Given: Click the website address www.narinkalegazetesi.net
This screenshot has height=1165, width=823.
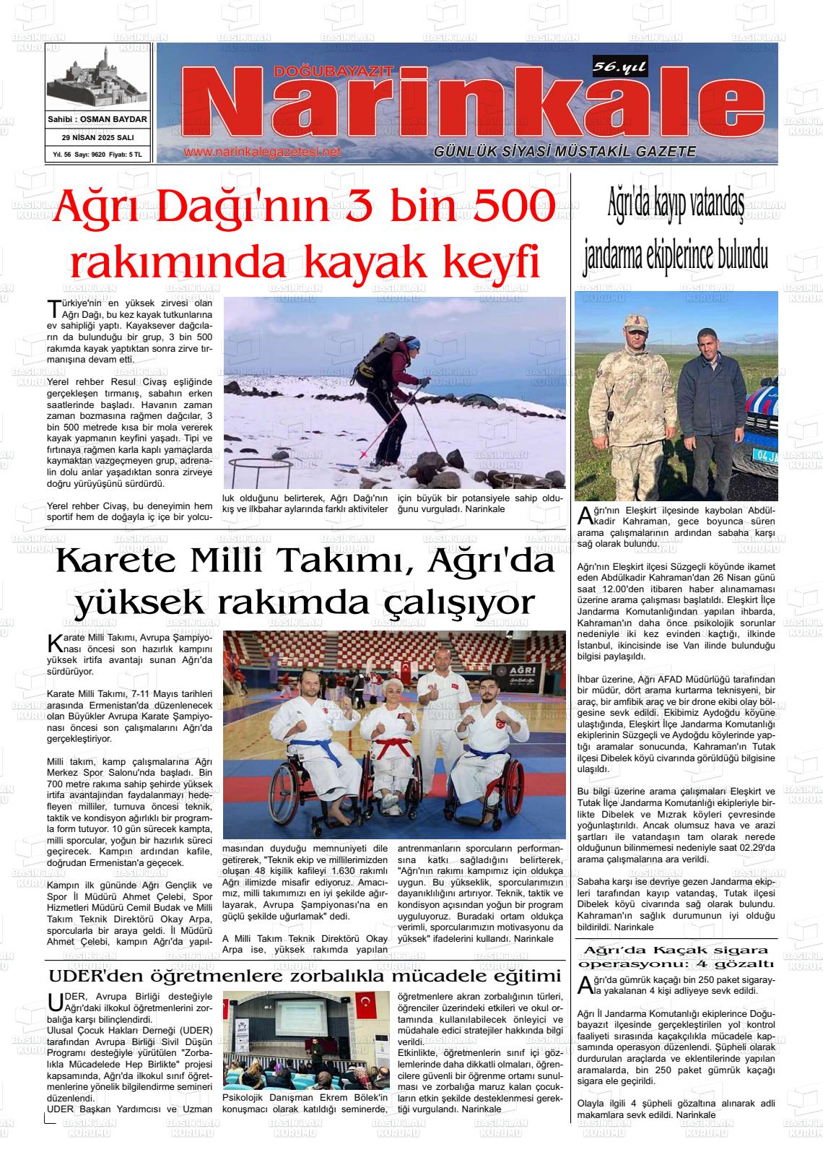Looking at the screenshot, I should click(261, 152).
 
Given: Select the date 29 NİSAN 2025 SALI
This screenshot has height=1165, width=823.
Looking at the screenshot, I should click(97, 137).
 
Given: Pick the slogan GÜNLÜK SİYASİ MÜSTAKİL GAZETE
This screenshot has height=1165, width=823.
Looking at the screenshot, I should click(565, 152).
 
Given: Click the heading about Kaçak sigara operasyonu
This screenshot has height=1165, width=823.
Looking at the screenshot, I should click(676, 956).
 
